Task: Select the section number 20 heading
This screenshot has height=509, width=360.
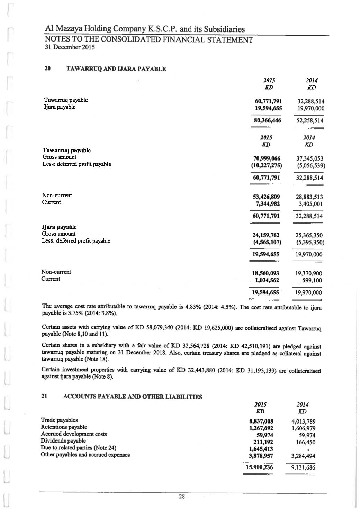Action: (x=48, y=69)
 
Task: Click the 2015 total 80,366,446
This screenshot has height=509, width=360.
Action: (x=267, y=121)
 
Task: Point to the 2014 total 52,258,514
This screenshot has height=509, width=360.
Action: (x=308, y=121)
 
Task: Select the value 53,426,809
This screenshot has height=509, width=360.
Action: (x=267, y=197)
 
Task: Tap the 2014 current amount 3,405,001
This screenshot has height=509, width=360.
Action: (x=310, y=204)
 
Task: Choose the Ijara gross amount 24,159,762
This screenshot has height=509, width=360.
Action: (x=267, y=235)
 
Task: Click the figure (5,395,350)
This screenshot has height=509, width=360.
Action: (x=308, y=242)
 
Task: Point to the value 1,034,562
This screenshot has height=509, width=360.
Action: (x=267, y=280)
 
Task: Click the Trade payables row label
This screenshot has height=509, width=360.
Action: (x=59, y=420)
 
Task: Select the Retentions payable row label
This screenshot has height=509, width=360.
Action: (x=64, y=427)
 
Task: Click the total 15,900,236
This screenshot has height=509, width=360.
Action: (x=259, y=467)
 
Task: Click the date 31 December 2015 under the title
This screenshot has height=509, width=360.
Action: (x=70, y=47)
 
